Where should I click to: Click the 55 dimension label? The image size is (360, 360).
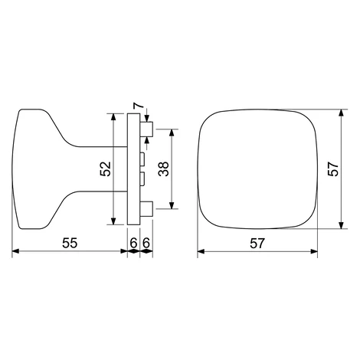point(70,243)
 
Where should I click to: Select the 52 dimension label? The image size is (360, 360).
point(105,169)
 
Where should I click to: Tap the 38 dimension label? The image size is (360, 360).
point(164,169)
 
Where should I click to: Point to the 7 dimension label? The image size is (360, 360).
point(137,106)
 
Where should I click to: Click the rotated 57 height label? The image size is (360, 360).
point(333,169)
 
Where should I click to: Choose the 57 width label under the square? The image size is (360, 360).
point(257,243)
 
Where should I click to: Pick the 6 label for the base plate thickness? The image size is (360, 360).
point(133,243)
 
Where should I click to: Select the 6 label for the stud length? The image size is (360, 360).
point(146,243)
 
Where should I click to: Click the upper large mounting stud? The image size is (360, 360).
point(146,129)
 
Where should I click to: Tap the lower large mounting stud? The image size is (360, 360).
point(146,209)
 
